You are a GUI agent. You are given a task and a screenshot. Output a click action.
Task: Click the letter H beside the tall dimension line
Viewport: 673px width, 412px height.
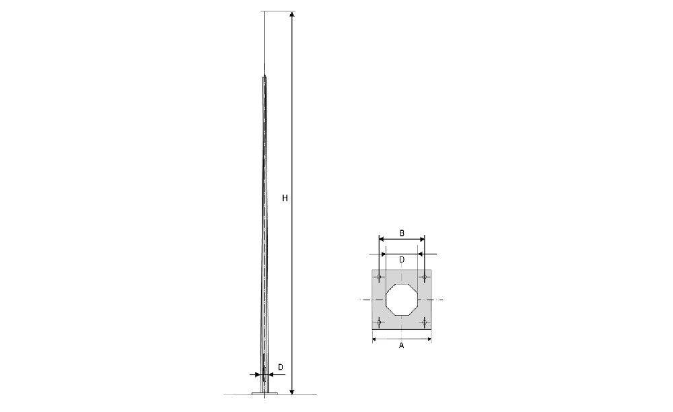point(285,198)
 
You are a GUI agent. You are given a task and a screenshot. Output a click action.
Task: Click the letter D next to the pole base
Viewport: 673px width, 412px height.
point(280,368)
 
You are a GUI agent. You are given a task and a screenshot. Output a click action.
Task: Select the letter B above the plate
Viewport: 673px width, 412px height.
point(402,234)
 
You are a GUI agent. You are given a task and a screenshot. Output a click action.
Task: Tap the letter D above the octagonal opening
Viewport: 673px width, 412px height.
point(402,260)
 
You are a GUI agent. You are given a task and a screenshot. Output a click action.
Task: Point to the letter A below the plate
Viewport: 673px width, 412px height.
point(402,345)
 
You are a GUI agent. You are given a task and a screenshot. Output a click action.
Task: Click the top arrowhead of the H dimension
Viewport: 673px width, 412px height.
point(292,15)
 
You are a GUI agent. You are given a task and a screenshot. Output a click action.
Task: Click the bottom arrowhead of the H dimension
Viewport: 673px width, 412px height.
point(292,391)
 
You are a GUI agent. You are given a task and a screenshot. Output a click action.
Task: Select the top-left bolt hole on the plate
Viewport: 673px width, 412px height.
point(379,277)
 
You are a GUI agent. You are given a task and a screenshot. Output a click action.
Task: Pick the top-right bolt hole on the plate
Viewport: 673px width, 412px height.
point(425,277)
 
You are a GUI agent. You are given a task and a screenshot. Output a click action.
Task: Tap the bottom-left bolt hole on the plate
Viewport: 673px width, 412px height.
point(379,322)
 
